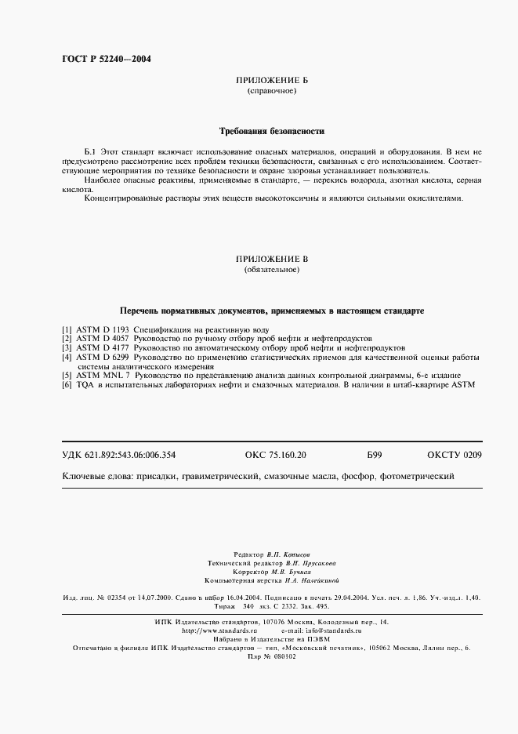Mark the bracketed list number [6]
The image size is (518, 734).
click(67, 385)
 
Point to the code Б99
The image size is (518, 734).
click(374, 456)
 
